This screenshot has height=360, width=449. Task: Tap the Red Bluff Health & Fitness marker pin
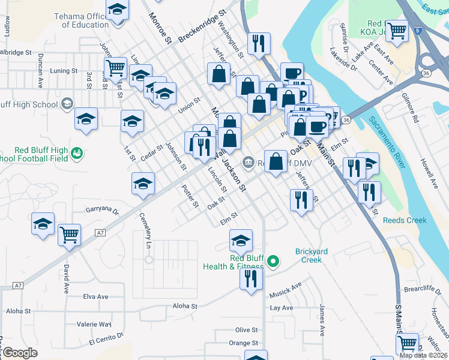[x=273, y=261]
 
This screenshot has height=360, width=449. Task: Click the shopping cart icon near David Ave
[x=70, y=233]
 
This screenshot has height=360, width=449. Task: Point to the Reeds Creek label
[x=405, y=220]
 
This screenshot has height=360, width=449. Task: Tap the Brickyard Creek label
[x=312, y=256]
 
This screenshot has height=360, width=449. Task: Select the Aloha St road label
[x=185, y=306]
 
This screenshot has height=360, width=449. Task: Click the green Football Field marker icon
[x=76, y=154]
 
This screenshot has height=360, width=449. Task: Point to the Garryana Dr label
[x=103, y=211]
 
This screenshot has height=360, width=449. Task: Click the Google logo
[x=20, y=353]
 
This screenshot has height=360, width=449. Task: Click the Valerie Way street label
[x=94, y=324]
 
